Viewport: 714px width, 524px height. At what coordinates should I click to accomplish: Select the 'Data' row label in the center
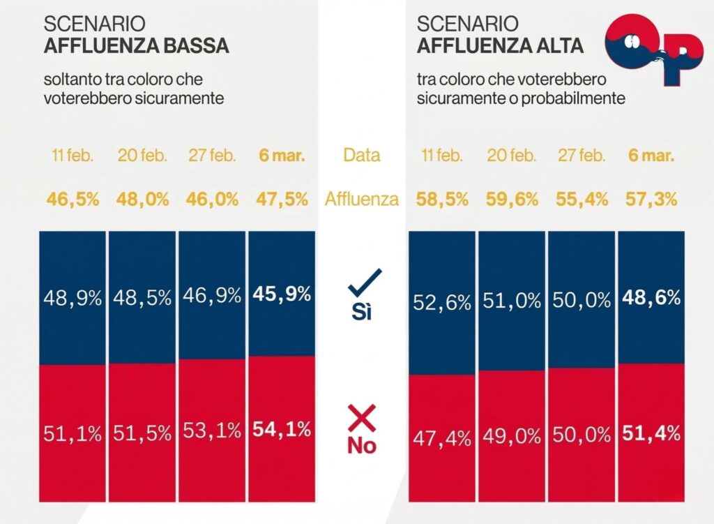362,155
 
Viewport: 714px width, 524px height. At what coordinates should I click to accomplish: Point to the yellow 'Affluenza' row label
362,200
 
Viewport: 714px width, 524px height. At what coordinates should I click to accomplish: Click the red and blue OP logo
653,49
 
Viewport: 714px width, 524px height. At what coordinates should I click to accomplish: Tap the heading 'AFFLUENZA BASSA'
136,47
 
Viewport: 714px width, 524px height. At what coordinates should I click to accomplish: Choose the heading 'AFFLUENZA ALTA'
499,47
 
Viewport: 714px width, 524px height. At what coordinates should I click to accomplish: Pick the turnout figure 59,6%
512,200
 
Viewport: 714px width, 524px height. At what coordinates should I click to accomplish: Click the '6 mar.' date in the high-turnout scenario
651,155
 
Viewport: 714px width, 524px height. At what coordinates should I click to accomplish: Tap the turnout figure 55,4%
582,200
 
